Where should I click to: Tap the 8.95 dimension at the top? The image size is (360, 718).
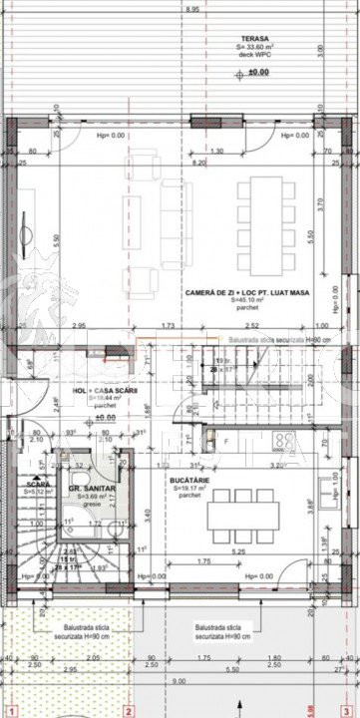190,8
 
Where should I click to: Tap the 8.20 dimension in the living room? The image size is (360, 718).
198,163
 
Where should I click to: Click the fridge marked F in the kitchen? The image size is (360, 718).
225,440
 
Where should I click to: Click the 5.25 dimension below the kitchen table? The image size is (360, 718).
238,551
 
